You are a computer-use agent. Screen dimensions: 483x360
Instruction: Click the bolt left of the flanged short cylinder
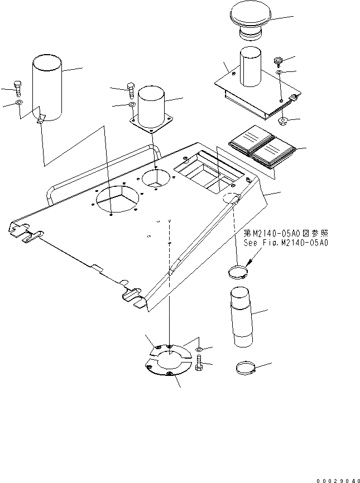click(x=131, y=90)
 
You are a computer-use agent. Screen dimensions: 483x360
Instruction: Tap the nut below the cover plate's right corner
click(x=282, y=121)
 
